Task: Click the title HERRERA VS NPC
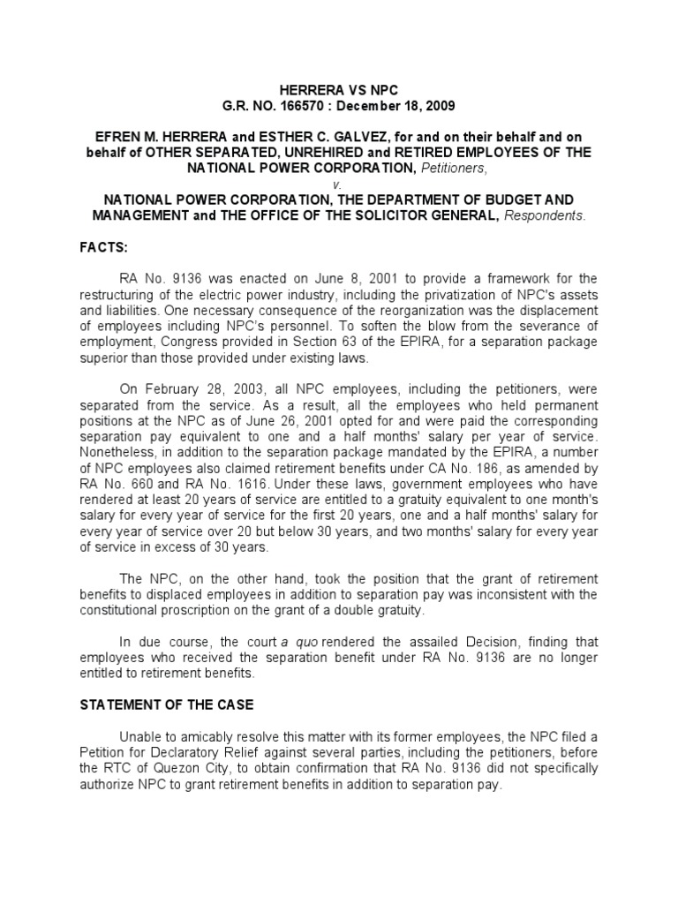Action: [x=339, y=91]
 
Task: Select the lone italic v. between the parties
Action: [x=339, y=183]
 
